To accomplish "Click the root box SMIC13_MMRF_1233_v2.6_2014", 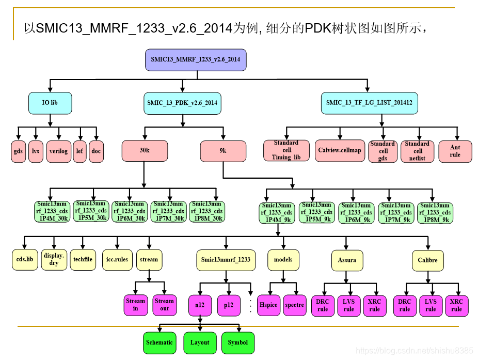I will click(x=196, y=59).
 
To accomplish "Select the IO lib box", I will click(x=50, y=103).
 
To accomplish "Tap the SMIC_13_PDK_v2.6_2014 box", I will click(x=182, y=103).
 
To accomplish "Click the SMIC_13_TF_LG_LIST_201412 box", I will click(x=369, y=103).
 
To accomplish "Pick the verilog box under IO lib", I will click(x=58, y=151).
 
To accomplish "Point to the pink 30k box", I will click(x=145, y=151).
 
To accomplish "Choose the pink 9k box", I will click(x=222, y=151).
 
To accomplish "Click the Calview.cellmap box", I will click(x=339, y=150).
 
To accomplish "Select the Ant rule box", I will click(x=454, y=151).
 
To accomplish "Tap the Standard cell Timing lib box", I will click(x=286, y=150).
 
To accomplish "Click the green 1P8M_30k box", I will click(x=206, y=211).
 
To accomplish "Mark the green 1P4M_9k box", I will click(x=277, y=212).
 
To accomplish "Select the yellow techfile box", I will click(x=83, y=259).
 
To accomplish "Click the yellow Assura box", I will click(x=346, y=260).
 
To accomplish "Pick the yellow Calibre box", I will click(x=427, y=260).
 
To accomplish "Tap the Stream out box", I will click(x=164, y=305).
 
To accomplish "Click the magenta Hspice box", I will click(x=268, y=305).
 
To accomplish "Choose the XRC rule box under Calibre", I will click(x=456, y=305).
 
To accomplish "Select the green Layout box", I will click(x=200, y=342).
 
